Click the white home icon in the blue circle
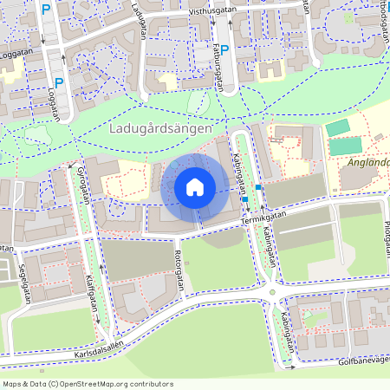click(195, 186)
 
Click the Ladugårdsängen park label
click(162, 129)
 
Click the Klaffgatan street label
click(90, 295)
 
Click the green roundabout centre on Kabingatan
click(273, 292)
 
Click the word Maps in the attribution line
click(13, 383)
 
